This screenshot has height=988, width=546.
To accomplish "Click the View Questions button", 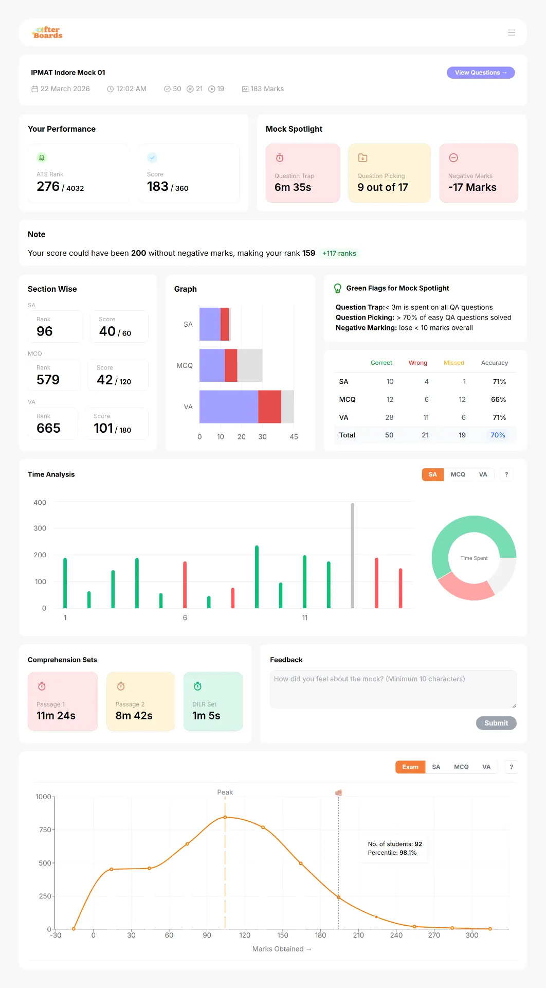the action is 481,73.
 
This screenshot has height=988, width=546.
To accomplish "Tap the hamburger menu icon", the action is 512,32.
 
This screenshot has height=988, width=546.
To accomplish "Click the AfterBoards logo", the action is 47,32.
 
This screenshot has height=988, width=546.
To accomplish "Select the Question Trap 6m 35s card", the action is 303,173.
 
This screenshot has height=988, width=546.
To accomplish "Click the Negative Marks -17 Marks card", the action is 479,173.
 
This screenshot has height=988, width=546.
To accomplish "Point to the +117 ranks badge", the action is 339,253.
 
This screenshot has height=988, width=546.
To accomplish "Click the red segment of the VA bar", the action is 269,407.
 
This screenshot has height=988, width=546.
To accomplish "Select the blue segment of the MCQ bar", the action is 212,365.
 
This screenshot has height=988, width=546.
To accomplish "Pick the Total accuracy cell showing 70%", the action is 498,435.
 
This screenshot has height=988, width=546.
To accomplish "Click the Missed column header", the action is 454,363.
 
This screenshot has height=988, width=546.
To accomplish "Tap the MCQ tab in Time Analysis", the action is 458,474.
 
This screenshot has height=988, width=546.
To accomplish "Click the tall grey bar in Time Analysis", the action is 353,556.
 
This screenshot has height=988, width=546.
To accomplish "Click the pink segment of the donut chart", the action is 464,589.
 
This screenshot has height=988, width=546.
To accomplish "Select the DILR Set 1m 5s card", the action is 213,701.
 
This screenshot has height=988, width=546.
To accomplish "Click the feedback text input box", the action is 393,689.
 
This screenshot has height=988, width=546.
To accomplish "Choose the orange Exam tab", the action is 410,767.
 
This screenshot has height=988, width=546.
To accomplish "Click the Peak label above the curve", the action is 225,792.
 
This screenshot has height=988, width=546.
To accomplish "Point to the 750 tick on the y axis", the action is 45,830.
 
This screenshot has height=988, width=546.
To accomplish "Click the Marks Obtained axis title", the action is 282,949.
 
